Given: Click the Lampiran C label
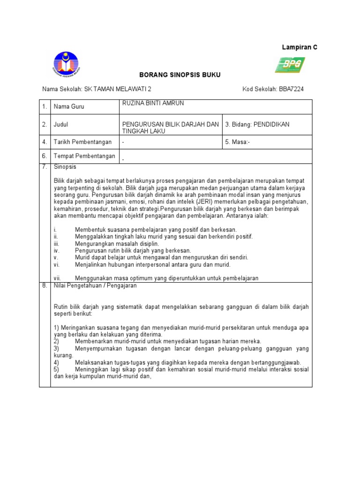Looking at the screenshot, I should click(x=299, y=47).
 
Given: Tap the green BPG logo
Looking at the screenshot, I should click(x=290, y=65).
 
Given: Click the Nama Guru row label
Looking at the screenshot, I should click(x=68, y=107).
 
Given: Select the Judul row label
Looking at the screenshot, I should click(x=61, y=125).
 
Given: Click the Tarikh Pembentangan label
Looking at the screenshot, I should click(x=82, y=142).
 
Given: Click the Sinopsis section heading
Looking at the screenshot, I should click(x=65, y=167).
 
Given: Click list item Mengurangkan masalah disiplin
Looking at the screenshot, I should click(x=117, y=244).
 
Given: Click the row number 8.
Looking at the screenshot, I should click(x=45, y=285).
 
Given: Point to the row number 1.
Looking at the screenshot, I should click(x=45, y=107).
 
